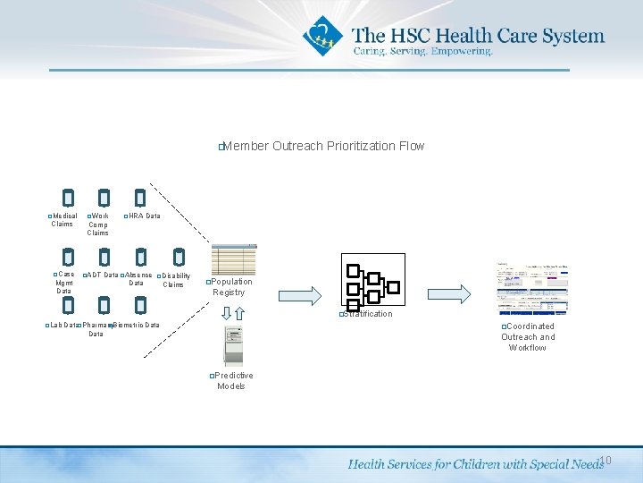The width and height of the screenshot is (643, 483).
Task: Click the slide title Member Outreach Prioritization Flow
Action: [322, 146]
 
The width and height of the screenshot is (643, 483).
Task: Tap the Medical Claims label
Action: [63, 219]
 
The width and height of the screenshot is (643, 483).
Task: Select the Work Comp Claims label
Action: [98, 225]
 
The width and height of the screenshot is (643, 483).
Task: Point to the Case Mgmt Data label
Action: [64, 283]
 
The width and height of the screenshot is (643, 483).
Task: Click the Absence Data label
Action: [137, 278]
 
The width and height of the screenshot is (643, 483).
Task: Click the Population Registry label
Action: [230, 287]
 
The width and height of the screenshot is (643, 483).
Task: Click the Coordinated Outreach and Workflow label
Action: [528, 337]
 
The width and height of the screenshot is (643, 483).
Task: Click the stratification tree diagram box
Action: [373, 280]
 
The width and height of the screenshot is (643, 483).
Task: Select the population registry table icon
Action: [234, 259]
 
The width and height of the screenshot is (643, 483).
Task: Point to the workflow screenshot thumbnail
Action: [530, 289]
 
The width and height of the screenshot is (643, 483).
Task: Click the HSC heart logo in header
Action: [322, 37]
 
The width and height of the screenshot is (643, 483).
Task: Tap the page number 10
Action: [605, 461]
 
